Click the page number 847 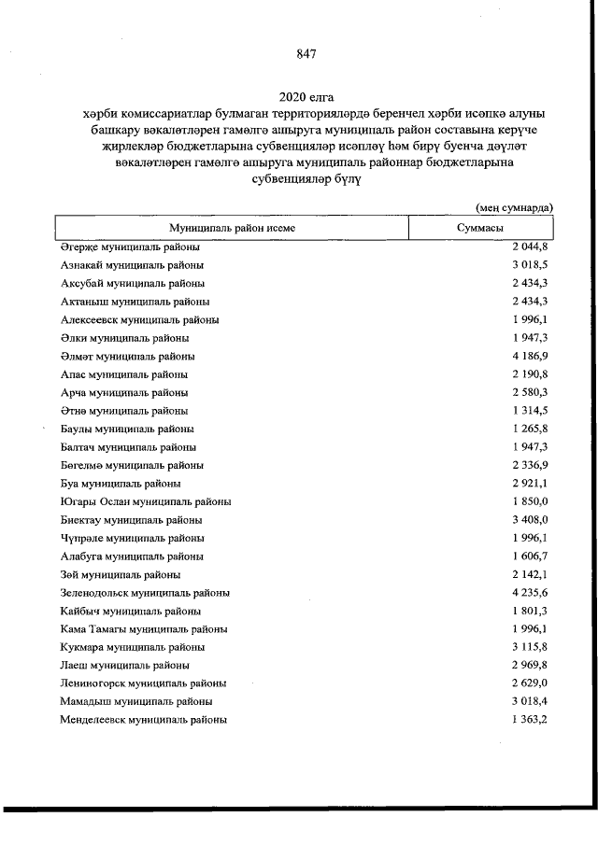(x=306, y=54)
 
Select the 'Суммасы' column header (x=481, y=228)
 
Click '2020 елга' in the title (x=306, y=97)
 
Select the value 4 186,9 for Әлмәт (x=529, y=357)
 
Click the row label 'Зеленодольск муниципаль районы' (x=145, y=593)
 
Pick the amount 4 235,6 (x=529, y=593)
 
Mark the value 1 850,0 (x=529, y=502)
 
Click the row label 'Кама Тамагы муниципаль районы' (x=143, y=629)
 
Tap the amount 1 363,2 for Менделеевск (x=529, y=720)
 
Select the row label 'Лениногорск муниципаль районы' (x=143, y=683)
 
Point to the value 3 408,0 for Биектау (x=529, y=520)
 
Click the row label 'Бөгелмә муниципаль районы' (x=132, y=466)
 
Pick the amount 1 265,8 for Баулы (x=529, y=430)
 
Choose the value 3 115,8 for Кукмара (x=529, y=647)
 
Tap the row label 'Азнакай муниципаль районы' (x=131, y=266)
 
